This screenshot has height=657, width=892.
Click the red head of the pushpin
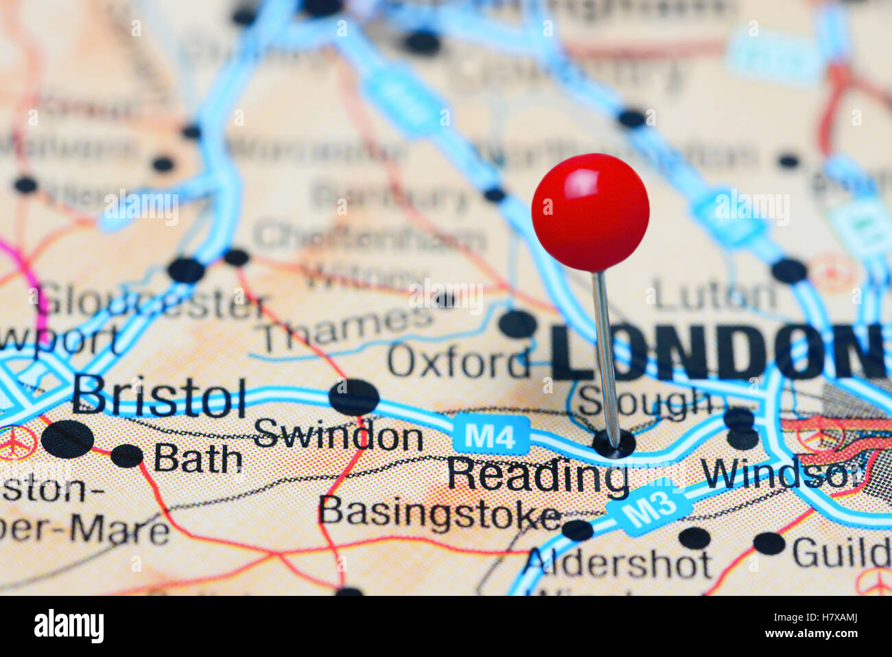click(590, 211)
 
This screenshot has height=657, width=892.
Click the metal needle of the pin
click(605, 357)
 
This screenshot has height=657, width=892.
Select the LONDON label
click(717, 352)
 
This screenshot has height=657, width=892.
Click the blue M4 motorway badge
click(491, 435)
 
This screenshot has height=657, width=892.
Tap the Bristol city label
click(159, 397)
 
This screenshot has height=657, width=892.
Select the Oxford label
click(458, 361)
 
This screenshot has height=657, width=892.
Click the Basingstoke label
click(439, 513)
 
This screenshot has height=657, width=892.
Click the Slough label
click(645, 402)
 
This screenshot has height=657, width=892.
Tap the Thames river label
click(347, 328)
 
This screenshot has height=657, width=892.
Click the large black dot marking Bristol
click(67, 439)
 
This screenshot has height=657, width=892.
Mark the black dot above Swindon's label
click(354, 397)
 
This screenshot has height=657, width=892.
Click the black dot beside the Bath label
click(127, 455)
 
